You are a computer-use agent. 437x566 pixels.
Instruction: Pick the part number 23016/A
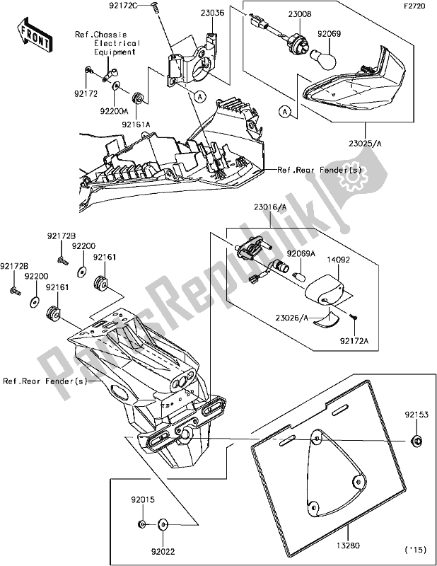click(264, 207)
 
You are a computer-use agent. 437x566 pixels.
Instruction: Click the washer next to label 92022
click(163, 525)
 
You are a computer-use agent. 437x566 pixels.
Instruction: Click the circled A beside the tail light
click(285, 111)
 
